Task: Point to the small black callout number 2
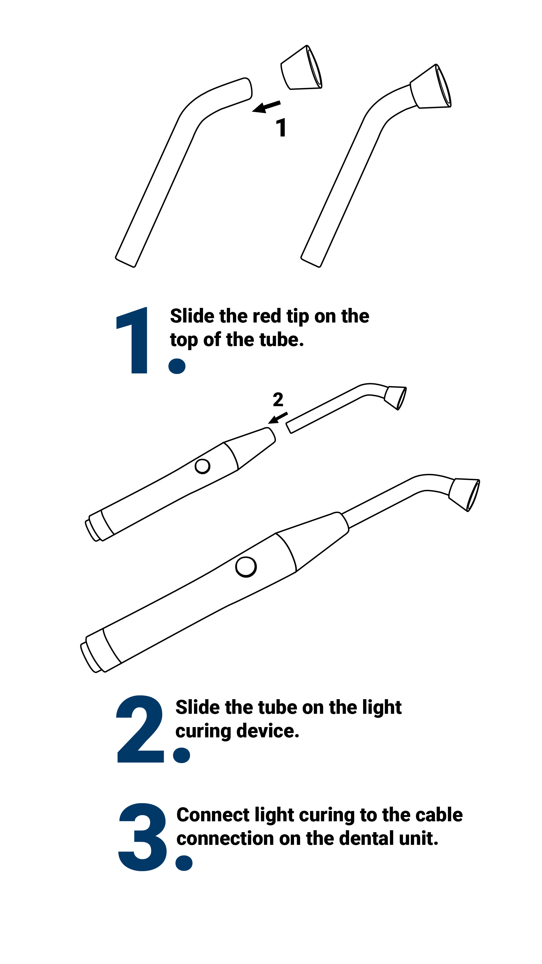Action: [x=278, y=399]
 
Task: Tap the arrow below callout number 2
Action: [x=278, y=418]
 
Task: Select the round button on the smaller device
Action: [x=203, y=466]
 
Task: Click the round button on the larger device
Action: [x=246, y=566]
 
